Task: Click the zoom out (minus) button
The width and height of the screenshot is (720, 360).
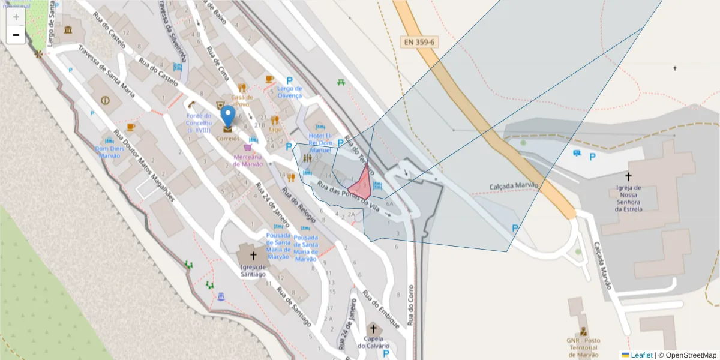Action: tap(16, 35)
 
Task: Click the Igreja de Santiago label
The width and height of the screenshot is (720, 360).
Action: tap(253, 271)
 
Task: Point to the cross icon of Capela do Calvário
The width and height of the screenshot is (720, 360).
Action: tap(373, 329)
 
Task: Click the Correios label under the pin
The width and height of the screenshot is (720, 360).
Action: tap(228, 138)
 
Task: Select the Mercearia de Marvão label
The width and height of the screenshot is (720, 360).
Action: tap(248, 161)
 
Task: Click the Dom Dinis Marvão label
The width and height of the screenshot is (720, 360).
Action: tap(108, 152)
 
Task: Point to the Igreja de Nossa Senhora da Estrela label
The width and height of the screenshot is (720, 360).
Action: tap(629, 198)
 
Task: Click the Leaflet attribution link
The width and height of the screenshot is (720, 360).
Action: tap(641, 355)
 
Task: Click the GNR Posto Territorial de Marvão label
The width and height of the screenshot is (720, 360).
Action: tap(583, 347)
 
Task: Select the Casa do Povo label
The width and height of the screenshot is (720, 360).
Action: tap(242, 100)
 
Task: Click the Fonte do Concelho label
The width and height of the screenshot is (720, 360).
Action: tap(198, 122)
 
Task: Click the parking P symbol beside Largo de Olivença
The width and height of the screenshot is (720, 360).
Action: tap(289, 80)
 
